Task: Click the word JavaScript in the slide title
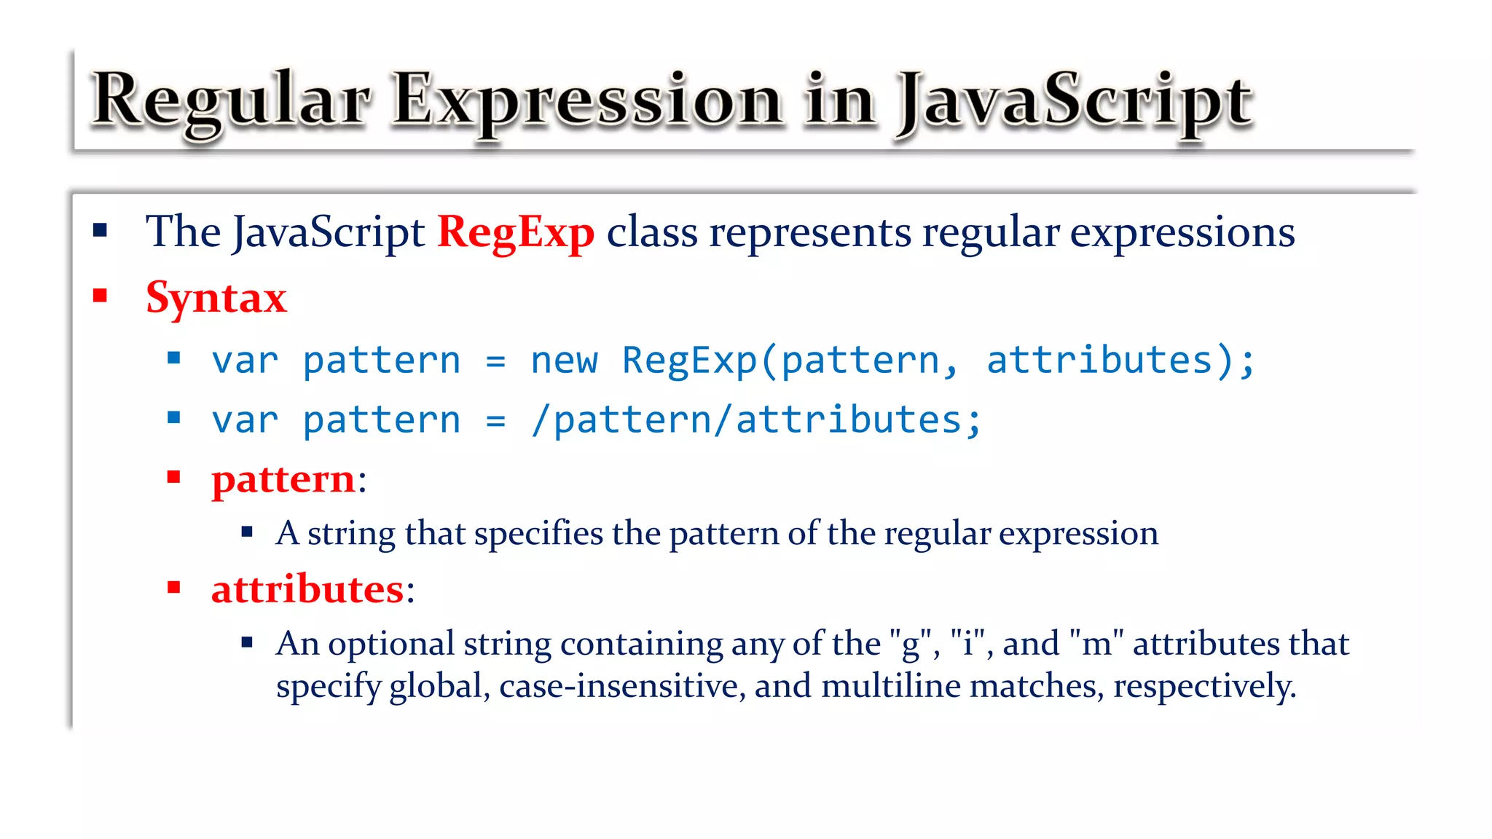[x=1075, y=102]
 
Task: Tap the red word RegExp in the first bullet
[x=516, y=233]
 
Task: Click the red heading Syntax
[x=216, y=298]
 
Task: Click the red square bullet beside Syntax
[x=101, y=296]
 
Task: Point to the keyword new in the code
[x=565, y=361]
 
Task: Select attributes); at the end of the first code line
[x=1120, y=361]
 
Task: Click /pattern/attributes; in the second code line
[x=756, y=421]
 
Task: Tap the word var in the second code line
[x=245, y=421]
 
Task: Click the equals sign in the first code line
[x=495, y=361]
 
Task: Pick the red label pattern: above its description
[x=288, y=480]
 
